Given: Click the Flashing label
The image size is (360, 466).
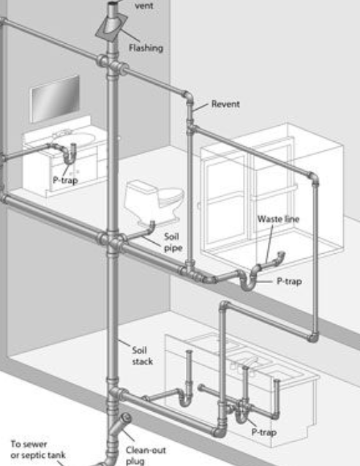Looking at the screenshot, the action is [x=146, y=48].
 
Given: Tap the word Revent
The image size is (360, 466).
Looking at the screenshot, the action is [x=225, y=104].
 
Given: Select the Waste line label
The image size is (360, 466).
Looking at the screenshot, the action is [x=278, y=219].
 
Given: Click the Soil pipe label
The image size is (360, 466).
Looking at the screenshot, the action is [x=173, y=242].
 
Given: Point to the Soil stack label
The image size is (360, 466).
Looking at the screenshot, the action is [x=143, y=356].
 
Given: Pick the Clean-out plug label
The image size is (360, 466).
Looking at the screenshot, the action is [x=146, y=455].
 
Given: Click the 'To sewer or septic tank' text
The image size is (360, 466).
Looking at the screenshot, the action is [x=38, y=450].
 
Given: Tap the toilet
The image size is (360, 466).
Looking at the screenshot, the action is [x=154, y=201].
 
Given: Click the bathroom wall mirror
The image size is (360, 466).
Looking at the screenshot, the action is [x=56, y=99].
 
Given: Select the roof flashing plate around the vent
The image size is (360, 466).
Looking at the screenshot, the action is [x=111, y=27].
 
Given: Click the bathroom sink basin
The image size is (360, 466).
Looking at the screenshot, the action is [x=78, y=138].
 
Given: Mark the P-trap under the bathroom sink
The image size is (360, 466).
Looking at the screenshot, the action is [x=70, y=154].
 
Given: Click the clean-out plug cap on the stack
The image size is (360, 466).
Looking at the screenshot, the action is [x=126, y=418].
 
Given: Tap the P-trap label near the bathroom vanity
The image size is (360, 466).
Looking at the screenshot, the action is [x=65, y=180].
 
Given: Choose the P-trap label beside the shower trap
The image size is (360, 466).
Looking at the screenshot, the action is [x=289, y=281].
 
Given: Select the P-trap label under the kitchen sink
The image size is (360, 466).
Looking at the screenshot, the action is [x=264, y=432].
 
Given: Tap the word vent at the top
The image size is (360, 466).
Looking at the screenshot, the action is [x=144, y=5].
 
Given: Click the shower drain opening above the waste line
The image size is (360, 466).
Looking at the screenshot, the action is [x=281, y=255].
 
